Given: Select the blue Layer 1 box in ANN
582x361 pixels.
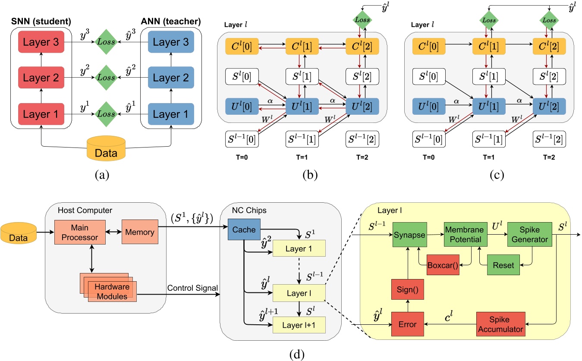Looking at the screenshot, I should (x=171, y=115).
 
